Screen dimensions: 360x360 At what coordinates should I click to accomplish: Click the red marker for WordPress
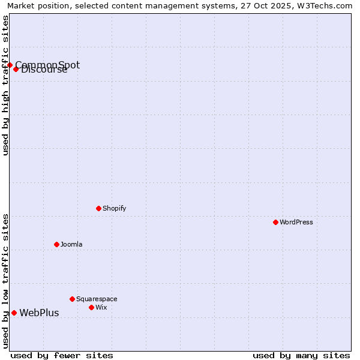[275, 222]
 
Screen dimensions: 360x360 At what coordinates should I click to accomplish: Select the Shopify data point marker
[98, 208]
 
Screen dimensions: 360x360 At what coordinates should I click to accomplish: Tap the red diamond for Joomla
[56, 244]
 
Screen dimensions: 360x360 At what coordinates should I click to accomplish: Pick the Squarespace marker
[72, 299]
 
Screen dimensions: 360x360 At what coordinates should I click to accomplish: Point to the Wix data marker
[91, 307]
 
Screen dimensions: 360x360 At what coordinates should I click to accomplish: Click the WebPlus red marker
[14, 313]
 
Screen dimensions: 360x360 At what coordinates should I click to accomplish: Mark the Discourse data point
[16, 69]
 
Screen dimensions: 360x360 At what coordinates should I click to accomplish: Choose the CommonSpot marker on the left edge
[10, 65]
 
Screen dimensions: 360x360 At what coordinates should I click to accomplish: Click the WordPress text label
[296, 222]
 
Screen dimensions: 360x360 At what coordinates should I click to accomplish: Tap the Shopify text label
[115, 208]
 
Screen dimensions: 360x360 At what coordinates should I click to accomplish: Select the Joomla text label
[71, 244]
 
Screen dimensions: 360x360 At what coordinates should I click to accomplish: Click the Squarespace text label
[97, 299]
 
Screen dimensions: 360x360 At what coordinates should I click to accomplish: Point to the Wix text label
[101, 307]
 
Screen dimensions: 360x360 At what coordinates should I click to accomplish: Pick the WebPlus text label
[39, 313]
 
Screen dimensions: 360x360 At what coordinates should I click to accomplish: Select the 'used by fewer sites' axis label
[62, 355]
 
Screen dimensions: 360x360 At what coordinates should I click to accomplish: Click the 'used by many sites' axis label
[301, 355]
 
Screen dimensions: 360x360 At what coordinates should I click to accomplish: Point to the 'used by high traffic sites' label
[5, 85]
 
